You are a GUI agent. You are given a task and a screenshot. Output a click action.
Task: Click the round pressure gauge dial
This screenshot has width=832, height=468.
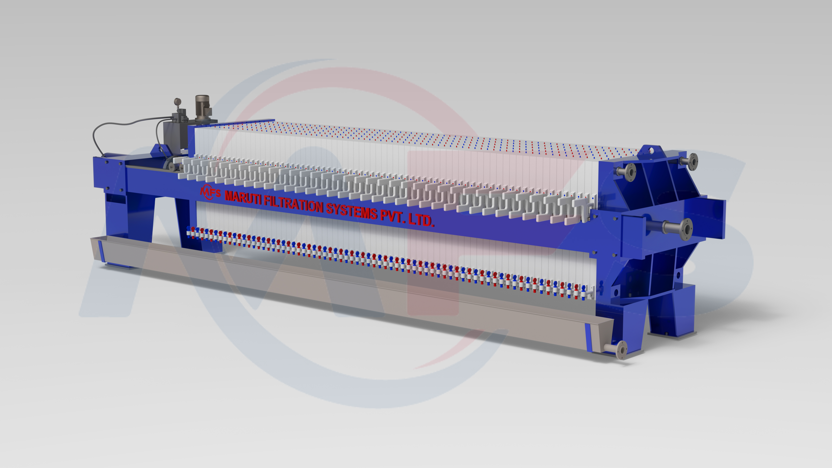click(177, 102)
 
